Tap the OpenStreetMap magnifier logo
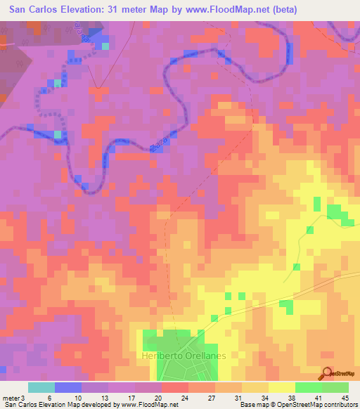point(327,373)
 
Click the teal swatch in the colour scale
point(41,387)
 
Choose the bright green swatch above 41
point(309,387)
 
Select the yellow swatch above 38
point(282,387)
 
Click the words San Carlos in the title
point(30,10)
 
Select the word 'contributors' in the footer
point(335,405)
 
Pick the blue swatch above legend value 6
point(68,387)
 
